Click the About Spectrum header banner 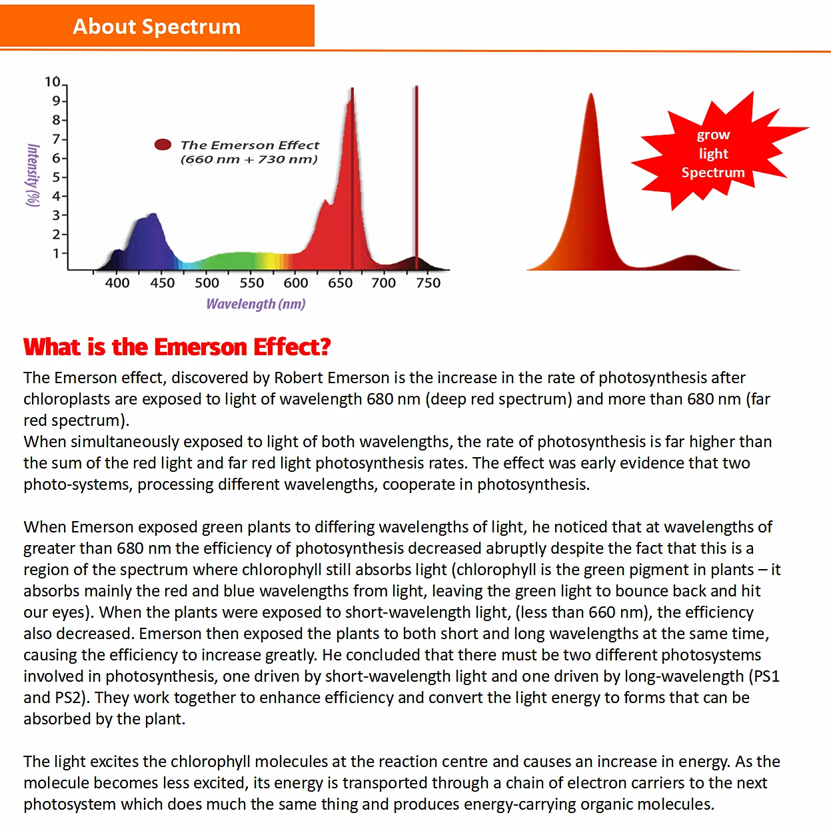tap(157, 26)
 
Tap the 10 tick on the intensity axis tap(53, 82)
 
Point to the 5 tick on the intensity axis tap(57, 177)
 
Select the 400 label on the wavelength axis tap(117, 283)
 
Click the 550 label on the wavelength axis tap(251, 283)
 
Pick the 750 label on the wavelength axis tap(428, 283)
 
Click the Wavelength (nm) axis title tap(256, 304)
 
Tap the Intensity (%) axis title tap(32, 175)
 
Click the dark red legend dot tap(163, 145)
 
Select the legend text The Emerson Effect tap(250, 145)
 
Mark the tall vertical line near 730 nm tap(416, 173)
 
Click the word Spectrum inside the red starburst tap(712, 173)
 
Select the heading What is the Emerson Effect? tap(177, 347)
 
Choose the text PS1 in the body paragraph tap(766, 676)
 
